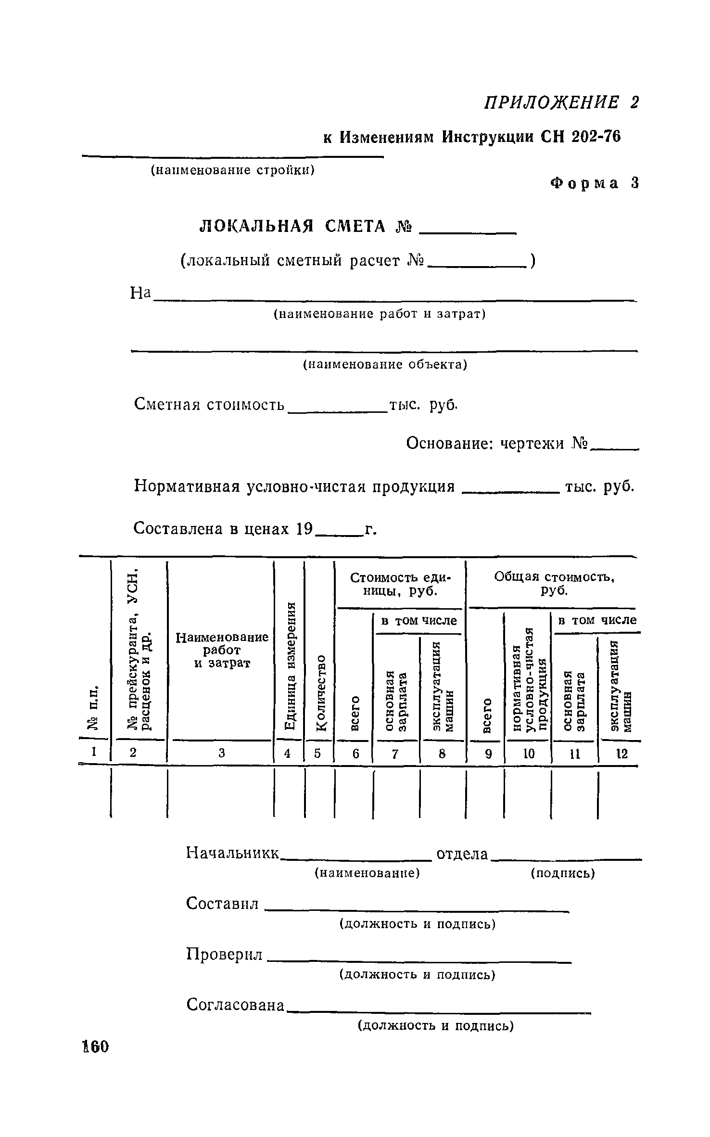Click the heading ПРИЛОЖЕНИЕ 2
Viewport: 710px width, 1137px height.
pos(561,102)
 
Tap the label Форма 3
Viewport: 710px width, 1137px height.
pos(595,183)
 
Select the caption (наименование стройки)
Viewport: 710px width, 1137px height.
pos(233,170)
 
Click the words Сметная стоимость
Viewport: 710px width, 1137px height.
pos(209,404)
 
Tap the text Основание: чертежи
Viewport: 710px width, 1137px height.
pos(497,443)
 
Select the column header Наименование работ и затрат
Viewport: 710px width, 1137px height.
pos(222,650)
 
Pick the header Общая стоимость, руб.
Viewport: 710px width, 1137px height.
pos(555,583)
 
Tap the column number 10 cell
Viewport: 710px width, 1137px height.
pos(529,754)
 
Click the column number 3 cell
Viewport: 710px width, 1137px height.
pos(221,754)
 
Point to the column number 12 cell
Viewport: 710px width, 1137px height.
pos(622,754)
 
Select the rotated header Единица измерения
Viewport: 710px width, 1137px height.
pos(289,666)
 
